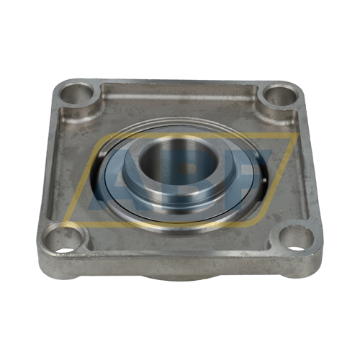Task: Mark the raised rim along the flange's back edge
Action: pos(180,84)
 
